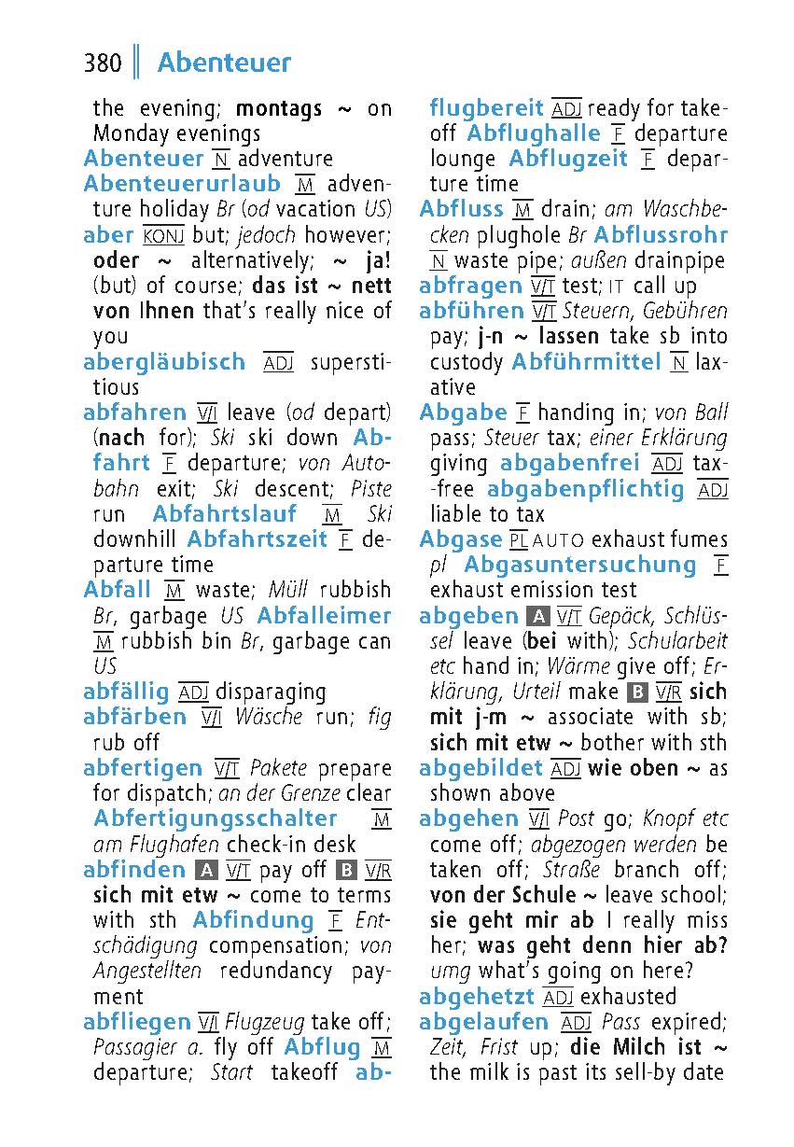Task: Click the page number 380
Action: coord(103,63)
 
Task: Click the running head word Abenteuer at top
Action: coord(224,63)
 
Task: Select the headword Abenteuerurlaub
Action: coord(182,184)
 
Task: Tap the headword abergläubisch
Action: coord(164,361)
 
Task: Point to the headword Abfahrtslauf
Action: coord(225,513)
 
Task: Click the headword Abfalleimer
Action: coord(324,616)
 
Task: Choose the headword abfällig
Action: coord(127,692)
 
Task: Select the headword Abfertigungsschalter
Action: coord(216,818)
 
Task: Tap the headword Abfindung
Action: coord(253,920)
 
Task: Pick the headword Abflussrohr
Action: coord(661,235)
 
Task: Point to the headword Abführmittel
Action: coord(587,362)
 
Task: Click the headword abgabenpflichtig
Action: coord(586,489)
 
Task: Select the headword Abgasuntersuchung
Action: coord(580,565)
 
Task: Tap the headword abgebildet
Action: coord(481,768)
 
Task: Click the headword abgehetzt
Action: coord(477,997)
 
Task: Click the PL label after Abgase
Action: coord(519,540)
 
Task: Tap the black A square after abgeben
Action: coord(536,617)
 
